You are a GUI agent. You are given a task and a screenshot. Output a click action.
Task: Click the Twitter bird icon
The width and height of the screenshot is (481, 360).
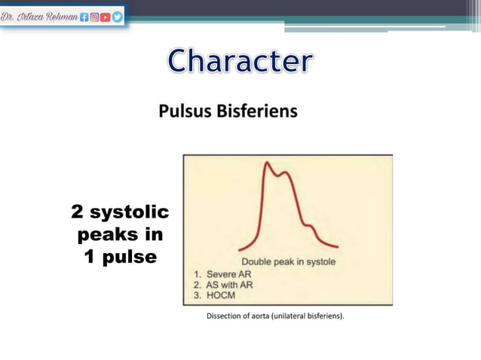click(117, 14)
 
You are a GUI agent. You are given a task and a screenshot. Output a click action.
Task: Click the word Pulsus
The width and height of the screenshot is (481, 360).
click(184, 112)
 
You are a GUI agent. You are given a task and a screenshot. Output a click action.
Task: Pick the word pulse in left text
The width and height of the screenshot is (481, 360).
click(130, 257)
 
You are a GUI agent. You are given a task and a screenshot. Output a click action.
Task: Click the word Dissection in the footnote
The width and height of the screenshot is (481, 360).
click(225, 316)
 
